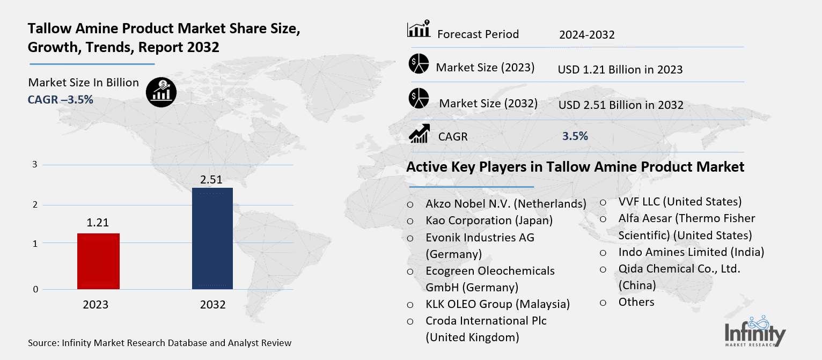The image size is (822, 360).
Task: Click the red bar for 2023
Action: click(x=99, y=261)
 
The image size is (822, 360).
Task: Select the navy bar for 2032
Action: click(x=212, y=238)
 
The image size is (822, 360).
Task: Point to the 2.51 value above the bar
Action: click(x=211, y=179)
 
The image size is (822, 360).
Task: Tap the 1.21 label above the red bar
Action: click(x=98, y=223)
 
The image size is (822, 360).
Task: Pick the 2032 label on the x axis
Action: click(x=212, y=305)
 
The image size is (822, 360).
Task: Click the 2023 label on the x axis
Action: click(x=96, y=305)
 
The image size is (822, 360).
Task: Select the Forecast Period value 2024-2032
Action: click(x=586, y=35)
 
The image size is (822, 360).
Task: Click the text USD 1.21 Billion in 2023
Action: click(x=620, y=70)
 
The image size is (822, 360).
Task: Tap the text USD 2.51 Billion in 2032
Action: click(x=621, y=105)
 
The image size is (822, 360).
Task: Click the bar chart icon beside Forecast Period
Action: click(x=419, y=30)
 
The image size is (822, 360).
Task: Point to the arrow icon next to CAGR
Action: click(x=419, y=134)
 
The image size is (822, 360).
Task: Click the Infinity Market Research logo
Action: click(x=755, y=331)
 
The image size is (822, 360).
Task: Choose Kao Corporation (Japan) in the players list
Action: click(x=489, y=221)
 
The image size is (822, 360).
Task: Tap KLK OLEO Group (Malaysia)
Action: click(x=497, y=304)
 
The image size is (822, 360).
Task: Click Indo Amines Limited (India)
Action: click(x=691, y=252)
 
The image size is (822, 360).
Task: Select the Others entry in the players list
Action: click(x=636, y=302)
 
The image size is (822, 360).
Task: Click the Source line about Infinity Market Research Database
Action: click(x=159, y=343)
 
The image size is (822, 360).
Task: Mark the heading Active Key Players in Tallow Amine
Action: click(x=575, y=167)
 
